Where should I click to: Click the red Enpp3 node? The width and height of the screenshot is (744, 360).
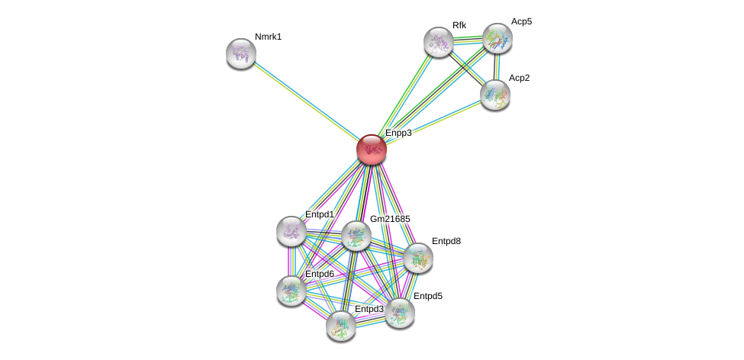(372, 149)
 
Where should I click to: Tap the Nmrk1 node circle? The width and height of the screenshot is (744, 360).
(241, 53)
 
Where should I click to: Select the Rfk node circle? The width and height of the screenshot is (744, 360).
(439, 42)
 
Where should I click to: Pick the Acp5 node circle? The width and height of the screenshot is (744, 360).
(497, 37)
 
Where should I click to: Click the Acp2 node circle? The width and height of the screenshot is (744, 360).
(494, 95)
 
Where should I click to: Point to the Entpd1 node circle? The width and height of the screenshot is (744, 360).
(291, 230)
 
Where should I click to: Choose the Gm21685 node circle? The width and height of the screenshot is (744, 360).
(356, 236)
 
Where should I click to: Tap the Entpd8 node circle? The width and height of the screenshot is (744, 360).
(418, 258)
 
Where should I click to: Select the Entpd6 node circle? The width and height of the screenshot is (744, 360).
(291, 289)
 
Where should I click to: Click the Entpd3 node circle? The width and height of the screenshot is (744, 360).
(340, 326)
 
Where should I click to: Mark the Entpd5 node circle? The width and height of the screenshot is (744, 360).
(399, 312)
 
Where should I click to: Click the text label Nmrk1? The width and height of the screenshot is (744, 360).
(268, 37)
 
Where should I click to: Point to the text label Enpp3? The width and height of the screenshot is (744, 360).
(398, 133)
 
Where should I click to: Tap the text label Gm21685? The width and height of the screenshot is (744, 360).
(390, 219)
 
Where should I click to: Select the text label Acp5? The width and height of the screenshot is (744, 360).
(522, 21)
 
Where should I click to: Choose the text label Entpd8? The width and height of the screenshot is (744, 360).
(446, 241)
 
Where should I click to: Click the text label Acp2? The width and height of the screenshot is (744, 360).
(520, 78)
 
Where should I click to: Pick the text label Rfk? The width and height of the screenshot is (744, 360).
(459, 25)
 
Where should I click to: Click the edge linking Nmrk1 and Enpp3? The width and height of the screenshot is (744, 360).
(306, 101)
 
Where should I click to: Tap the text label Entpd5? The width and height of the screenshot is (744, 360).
(427, 296)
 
